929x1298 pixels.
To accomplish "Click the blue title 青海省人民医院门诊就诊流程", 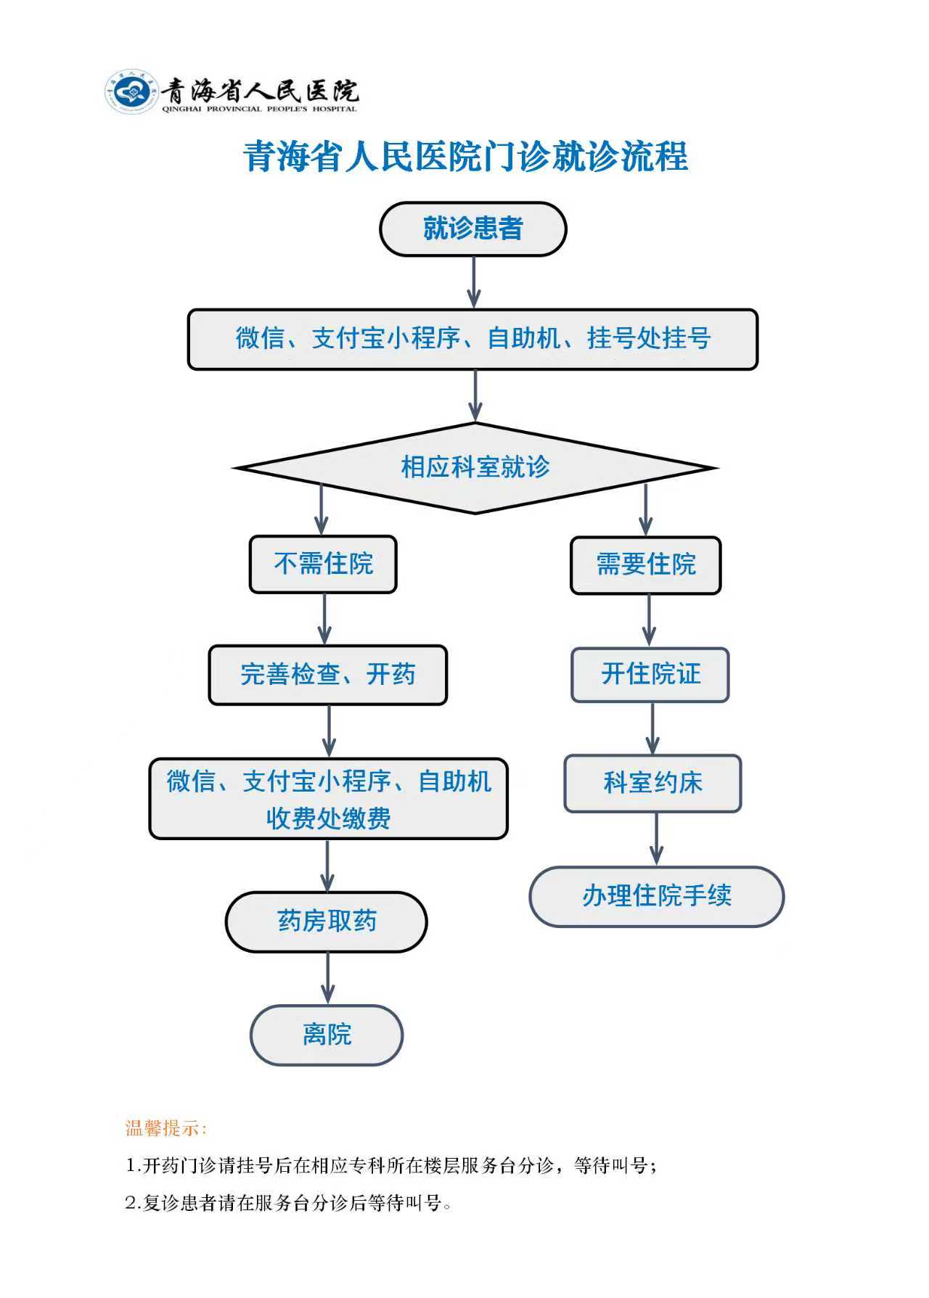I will pyautogui.click(x=465, y=157).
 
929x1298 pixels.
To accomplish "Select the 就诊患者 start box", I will pyautogui.click(x=472, y=229).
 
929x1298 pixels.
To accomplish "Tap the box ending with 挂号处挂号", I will pyautogui.click(x=472, y=339).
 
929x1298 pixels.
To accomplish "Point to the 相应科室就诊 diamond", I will pyautogui.click(x=475, y=467).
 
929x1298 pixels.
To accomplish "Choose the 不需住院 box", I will pyautogui.click(x=323, y=564).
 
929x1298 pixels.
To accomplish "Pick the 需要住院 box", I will pyautogui.click(x=645, y=564).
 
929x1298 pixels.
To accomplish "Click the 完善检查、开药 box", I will pyautogui.click(x=327, y=674).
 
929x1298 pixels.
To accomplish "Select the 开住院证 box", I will pyautogui.click(x=650, y=674).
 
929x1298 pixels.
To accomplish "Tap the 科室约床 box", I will pyautogui.click(x=652, y=783).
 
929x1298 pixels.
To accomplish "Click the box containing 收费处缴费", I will pyautogui.click(x=328, y=799).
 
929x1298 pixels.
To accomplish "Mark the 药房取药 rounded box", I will pyautogui.click(x=327, y=921).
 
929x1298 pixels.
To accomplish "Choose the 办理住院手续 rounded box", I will pyautogui.click(x=656, y=896).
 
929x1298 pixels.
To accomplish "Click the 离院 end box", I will pyautogui.click(x=327, y=1035).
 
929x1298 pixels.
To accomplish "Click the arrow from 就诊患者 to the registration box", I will pyautogui.click(x=474, y=282).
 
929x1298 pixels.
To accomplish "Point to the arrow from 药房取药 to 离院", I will pyautogui.click(x=328, y=977).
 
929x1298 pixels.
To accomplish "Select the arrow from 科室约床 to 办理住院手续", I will pyautogui.click(x=656, y=839).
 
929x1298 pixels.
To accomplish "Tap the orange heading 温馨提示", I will pyautogui.click(x=166, y=1128).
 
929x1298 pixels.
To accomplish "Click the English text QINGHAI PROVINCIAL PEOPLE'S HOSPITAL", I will pyautogui.click(x=259, y=109).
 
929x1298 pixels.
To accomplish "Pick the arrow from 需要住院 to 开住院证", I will pyautogui.click(x=649, y=620).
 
